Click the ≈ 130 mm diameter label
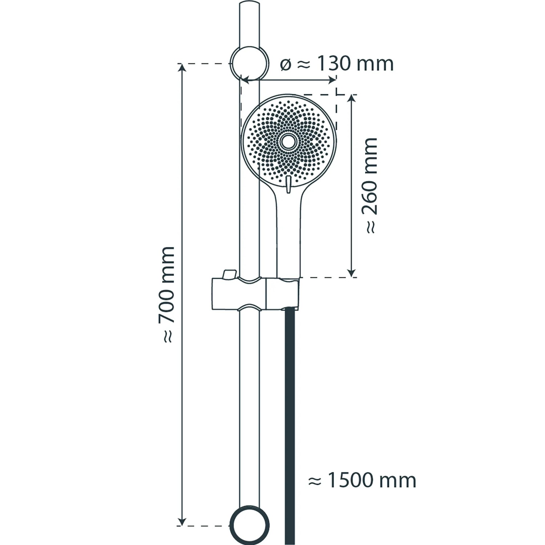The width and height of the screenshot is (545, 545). [337, 64]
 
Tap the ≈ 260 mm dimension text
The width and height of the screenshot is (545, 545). [370, 186]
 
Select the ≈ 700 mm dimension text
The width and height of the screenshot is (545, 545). [167, 295]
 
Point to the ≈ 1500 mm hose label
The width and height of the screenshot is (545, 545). [362, 480]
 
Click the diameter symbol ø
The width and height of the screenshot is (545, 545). [286, 65]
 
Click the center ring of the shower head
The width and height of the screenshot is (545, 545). [289, 142]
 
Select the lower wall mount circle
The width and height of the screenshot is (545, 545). [250, 525]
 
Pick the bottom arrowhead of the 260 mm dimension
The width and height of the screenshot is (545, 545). [351, 272]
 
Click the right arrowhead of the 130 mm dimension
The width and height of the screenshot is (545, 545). [331, 80]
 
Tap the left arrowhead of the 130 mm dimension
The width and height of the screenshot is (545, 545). [247, 80]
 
